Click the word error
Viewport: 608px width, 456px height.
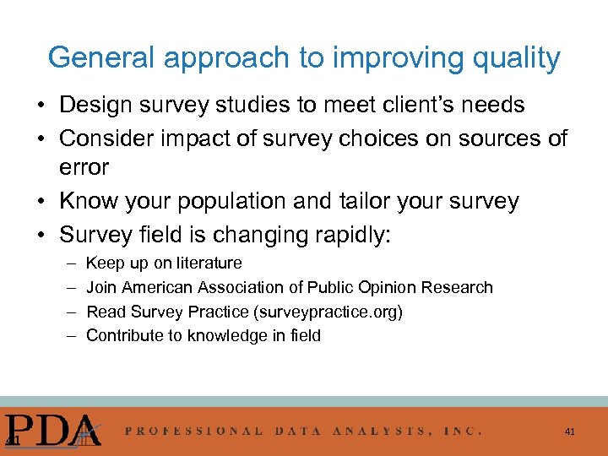(x=84, y=167)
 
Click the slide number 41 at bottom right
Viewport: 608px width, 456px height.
(x=570, y=432)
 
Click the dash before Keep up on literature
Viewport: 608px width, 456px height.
(x=68, y=263)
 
